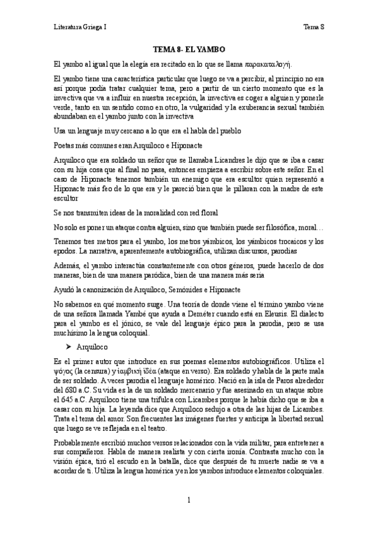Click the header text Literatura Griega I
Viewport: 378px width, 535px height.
coord(80,27)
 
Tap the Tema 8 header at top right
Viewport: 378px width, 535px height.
coord(314,27)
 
